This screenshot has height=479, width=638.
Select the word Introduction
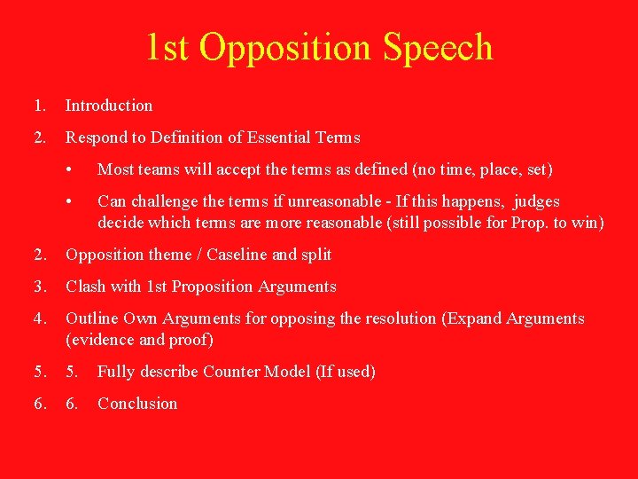[109, 106]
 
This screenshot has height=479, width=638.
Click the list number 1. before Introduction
[40, 106]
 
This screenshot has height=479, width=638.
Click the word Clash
[86, 287]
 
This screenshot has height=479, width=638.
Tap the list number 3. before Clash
[40, 287]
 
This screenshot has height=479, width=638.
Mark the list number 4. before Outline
[40, 318]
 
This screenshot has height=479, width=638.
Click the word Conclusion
[137, 404]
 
